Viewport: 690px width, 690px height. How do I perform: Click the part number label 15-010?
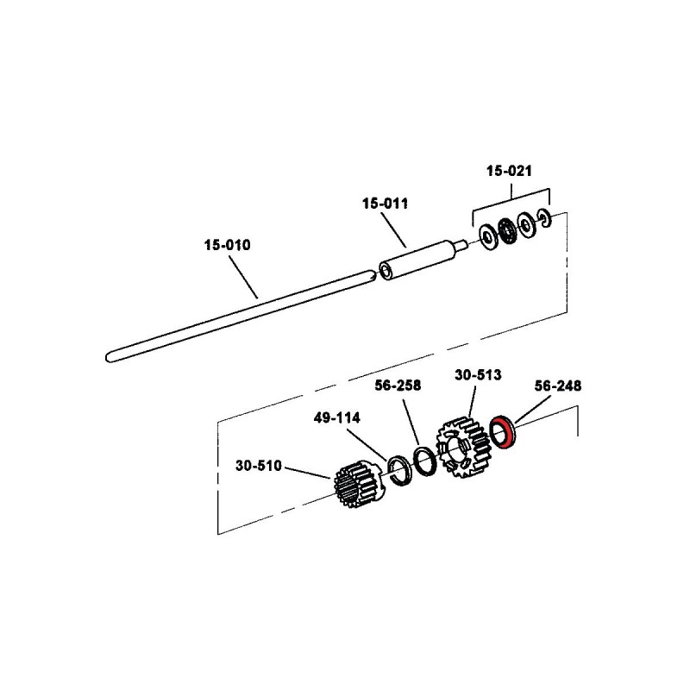[x=227, y=245]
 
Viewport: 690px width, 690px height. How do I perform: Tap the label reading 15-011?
[x=385, y=204]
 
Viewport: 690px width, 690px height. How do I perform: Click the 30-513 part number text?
[x=478, y=375]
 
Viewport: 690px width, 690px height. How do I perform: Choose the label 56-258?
[x=398, y=386]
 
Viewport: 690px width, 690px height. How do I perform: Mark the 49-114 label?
[x=337, y=417]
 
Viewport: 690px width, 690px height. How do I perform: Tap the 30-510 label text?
[x=259, y=467]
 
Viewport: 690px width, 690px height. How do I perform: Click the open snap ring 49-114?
[x=399, y=471]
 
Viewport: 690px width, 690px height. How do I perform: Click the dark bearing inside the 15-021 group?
[x=505, y=231]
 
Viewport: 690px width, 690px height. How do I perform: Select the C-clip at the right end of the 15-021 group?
[x=543, y=220]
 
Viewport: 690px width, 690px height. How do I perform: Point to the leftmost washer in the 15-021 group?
[x=487, y=235]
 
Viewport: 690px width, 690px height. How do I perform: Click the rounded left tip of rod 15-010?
[x=109, y=354]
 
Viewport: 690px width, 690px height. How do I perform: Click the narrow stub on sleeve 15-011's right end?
[x=466, y=245]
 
